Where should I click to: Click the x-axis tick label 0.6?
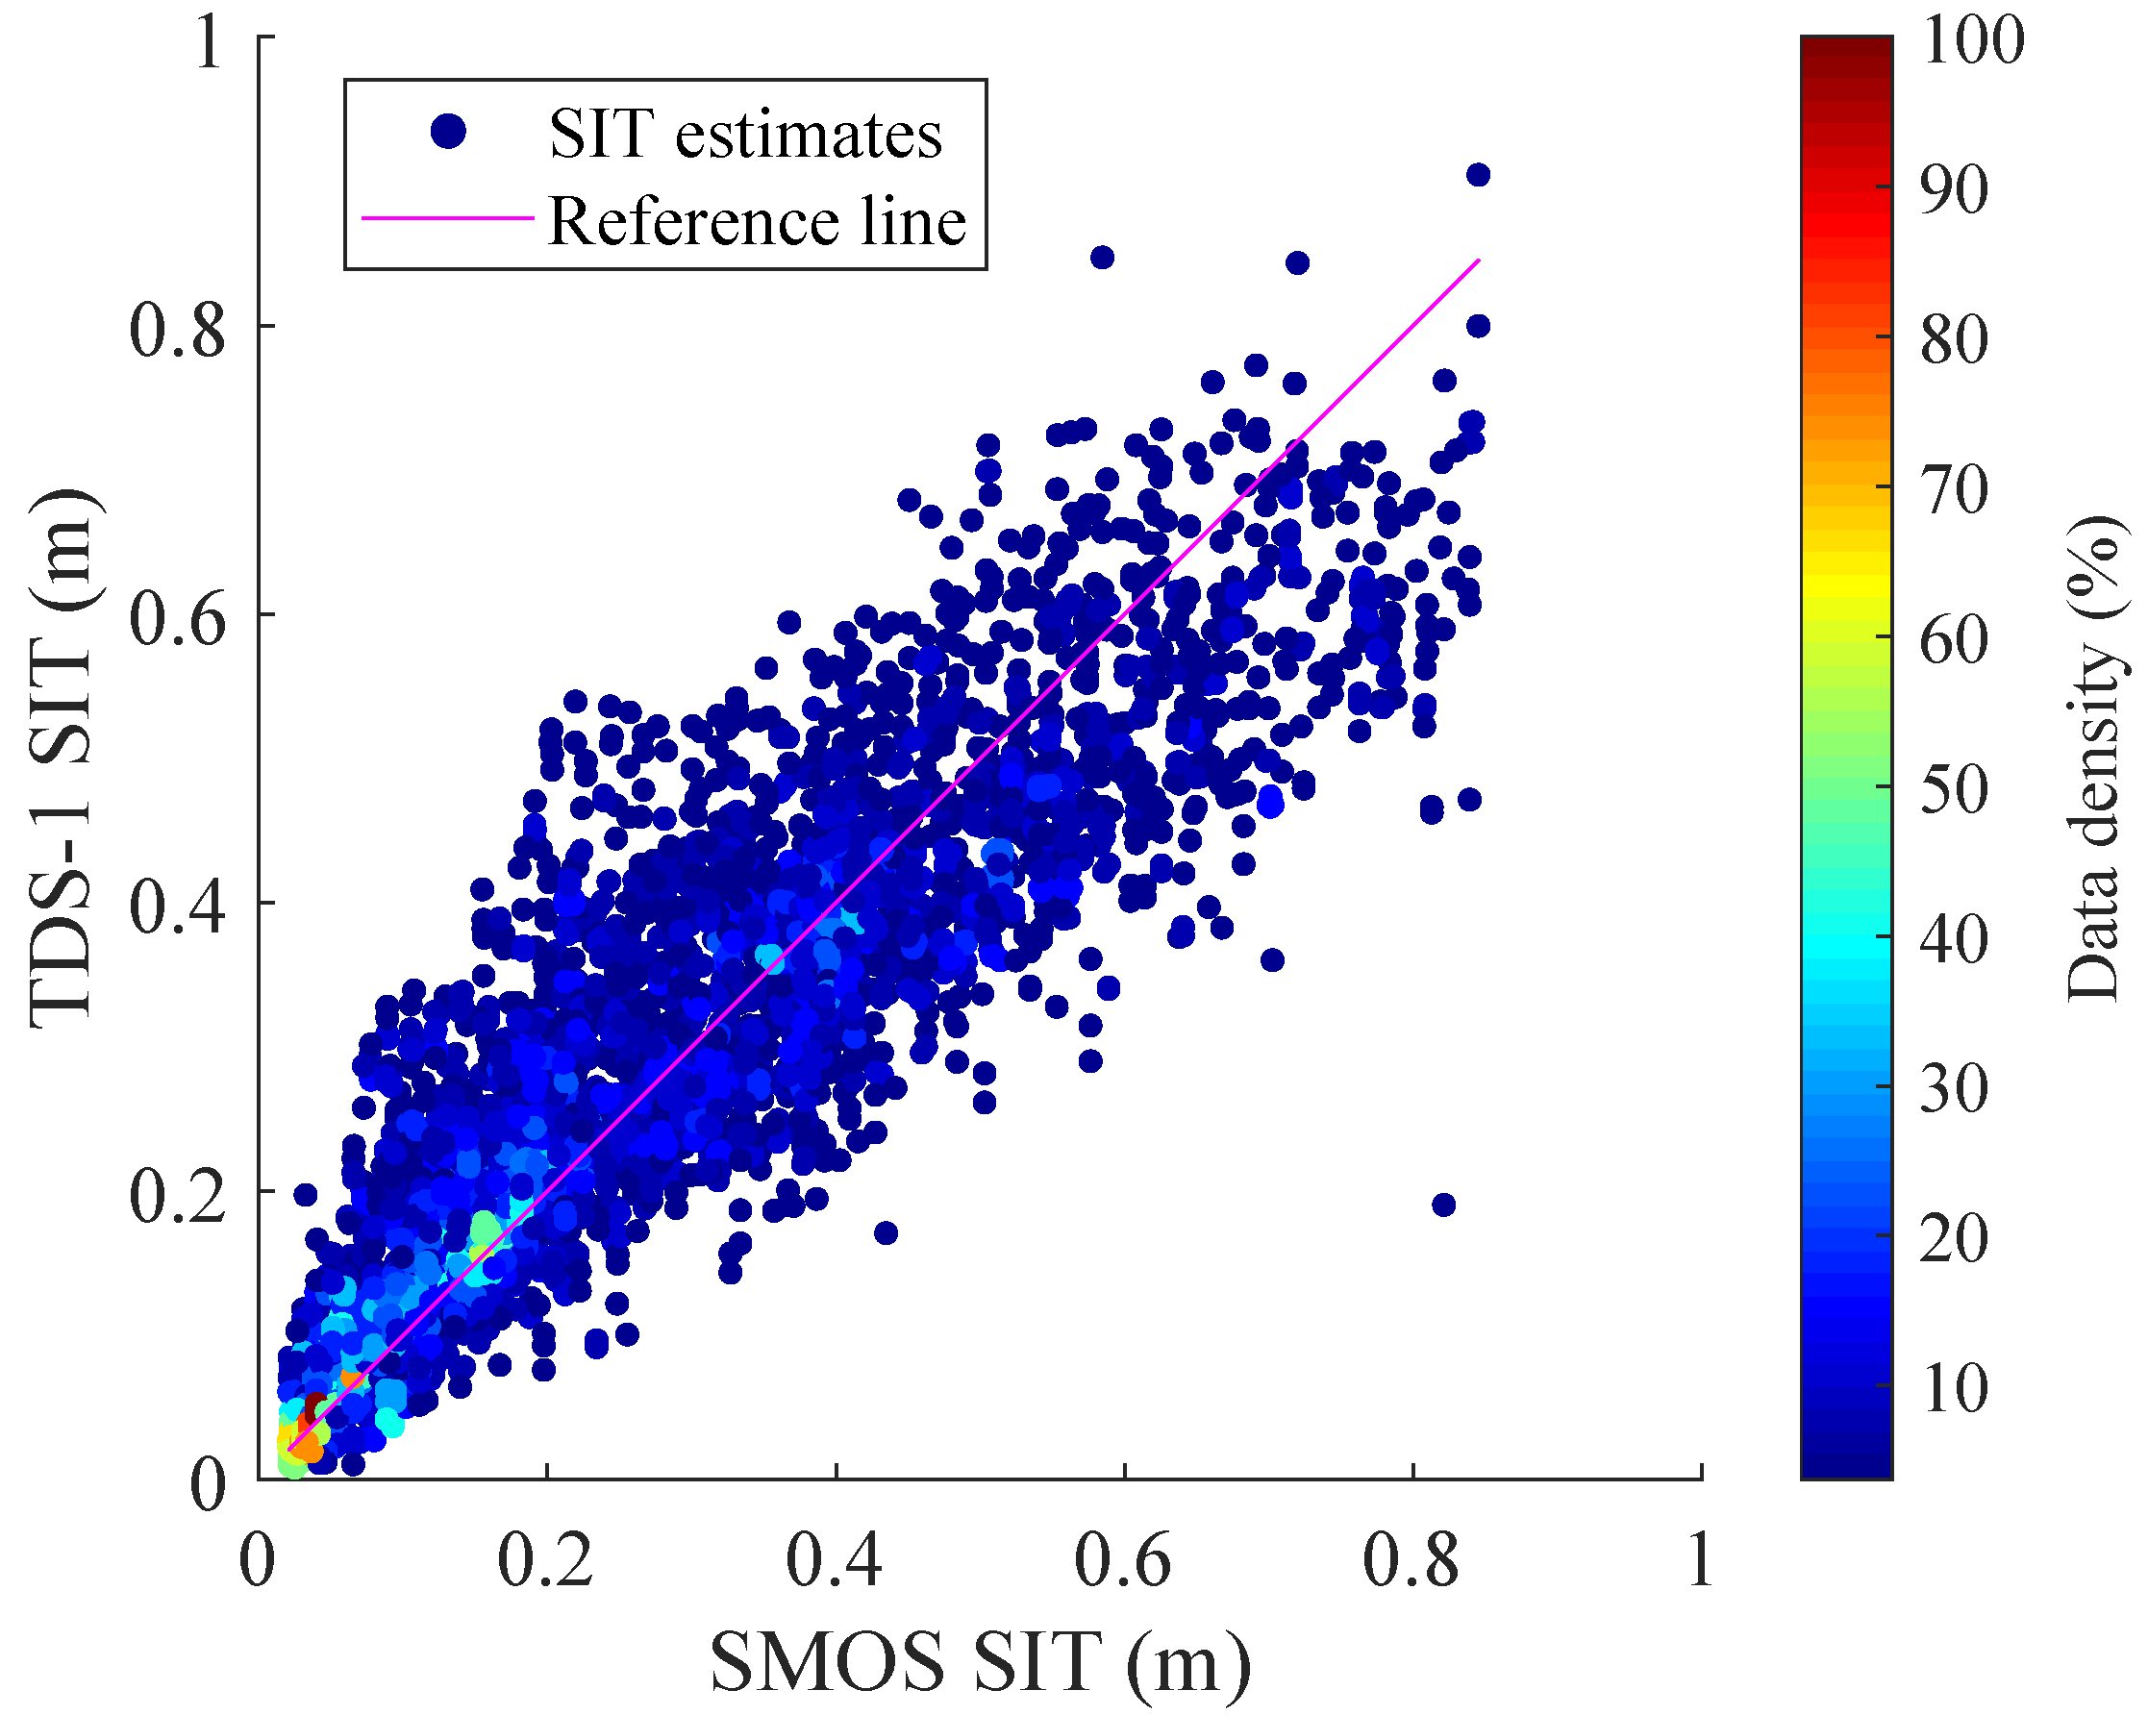1123,1559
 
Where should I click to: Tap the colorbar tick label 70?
1954,488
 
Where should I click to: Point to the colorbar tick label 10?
1954,1387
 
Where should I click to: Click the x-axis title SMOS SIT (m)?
981,1662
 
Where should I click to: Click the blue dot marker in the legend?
448,131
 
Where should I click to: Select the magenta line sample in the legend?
448,217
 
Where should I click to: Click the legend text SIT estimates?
744,135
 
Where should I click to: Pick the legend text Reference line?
757,221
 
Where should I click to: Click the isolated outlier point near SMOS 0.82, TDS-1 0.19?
1443,1205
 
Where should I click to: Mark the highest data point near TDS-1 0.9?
1479,175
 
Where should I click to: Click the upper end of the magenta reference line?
1479,260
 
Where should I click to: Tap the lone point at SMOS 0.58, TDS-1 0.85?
1102,258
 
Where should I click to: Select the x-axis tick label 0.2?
545,1559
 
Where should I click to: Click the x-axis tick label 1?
1701,1559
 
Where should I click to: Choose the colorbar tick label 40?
1954,938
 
